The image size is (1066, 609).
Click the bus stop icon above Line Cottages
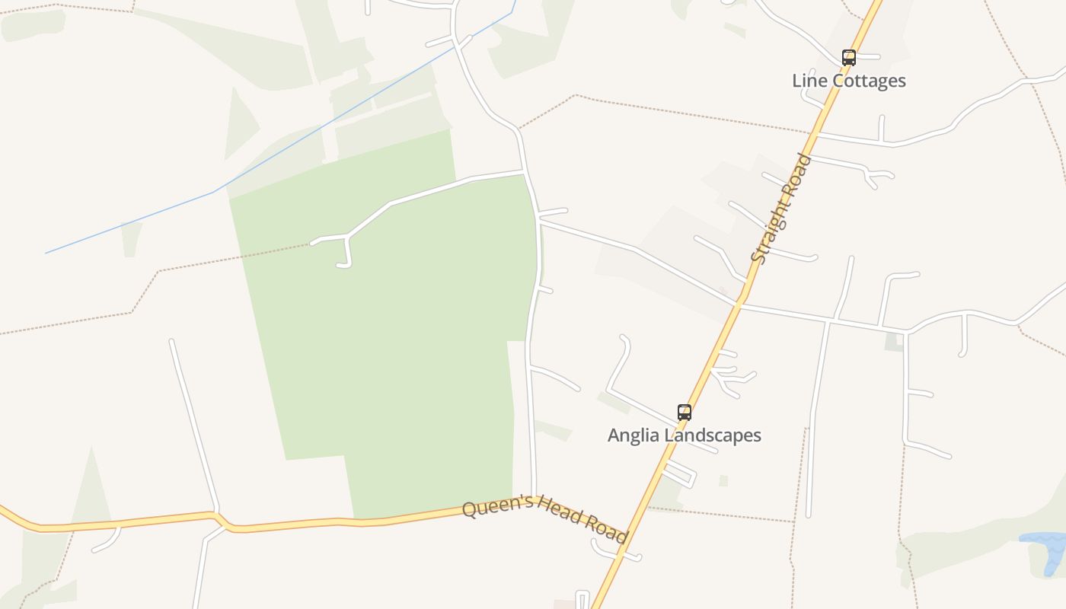point(848,57)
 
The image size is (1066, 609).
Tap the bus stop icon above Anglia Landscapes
point(685,413)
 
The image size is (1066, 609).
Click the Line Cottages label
point(848,81)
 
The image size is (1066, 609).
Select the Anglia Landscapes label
point(684,435)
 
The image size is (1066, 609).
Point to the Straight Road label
point(781,209)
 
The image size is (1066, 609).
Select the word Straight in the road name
point(771,228)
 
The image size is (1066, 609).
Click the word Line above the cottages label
point(808,81)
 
